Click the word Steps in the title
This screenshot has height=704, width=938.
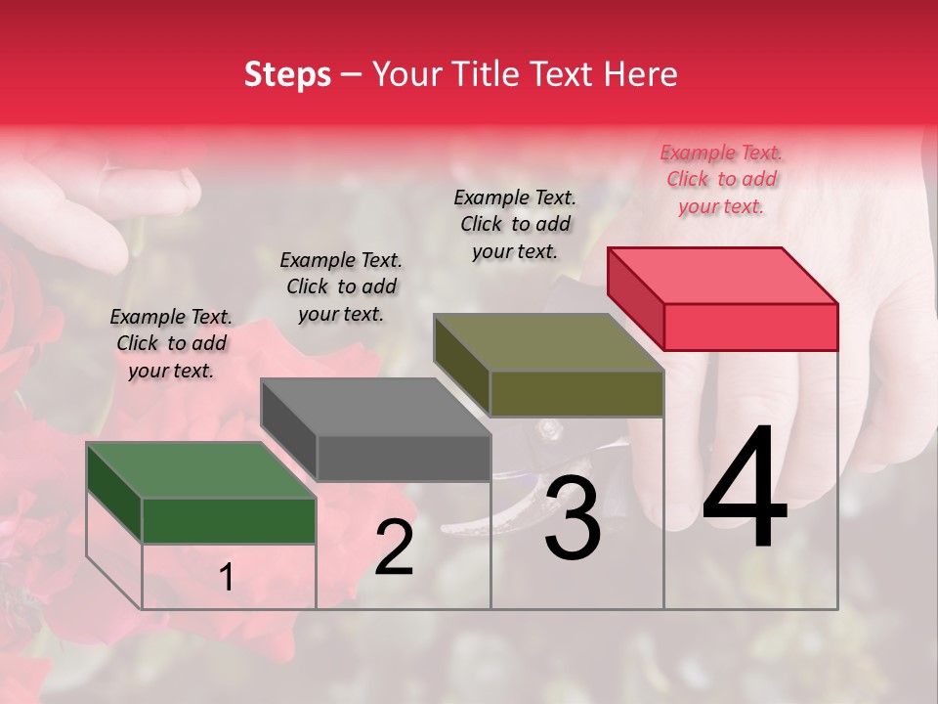click(x=287, y=74)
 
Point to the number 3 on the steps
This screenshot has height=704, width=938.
click(x=573, y=521)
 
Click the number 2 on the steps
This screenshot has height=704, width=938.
click(x=395, y=548)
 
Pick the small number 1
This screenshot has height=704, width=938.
click(x=227, y=578)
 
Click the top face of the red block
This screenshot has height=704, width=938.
click(x=722, y=275)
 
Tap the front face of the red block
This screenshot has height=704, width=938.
click(x=750, y=327)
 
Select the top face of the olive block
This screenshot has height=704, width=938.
click(x=548, y=342)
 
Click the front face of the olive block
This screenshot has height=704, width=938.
click(x=576, y=394)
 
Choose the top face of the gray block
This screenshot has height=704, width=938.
click(x=374, y=407)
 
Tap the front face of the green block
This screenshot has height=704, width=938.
click(x=229, y=521)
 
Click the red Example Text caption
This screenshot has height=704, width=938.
click(x=721, y=179)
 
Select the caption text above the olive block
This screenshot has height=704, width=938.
click(x=515, y=224)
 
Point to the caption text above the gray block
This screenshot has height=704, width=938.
click(x=341, y=286)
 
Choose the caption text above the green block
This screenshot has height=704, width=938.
click(x=171, y=343)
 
